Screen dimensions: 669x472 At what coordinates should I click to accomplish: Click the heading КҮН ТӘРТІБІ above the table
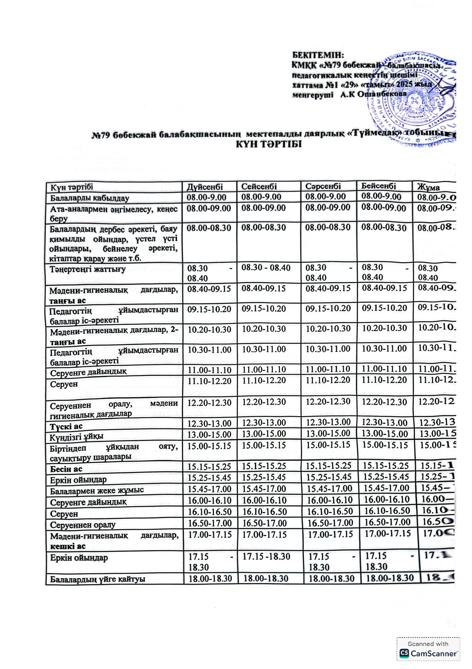pyautogui.click(x=269, y=144)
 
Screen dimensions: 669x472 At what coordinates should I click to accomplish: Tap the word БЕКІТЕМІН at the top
pyautogui.click(x=318, y=55)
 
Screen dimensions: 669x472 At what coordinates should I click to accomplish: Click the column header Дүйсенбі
pyautogui.click(x=205, y=187)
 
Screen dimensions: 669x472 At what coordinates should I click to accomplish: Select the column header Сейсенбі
pyautogui.click(x=259, y=186)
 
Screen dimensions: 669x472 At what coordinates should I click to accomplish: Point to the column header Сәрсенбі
pyautogui.click(x=323, y=186)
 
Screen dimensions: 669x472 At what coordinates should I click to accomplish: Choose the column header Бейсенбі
pyautogui.click(x=379, y=186)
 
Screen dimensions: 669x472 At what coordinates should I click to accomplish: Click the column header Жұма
pyautogui.click(x=429, y=187)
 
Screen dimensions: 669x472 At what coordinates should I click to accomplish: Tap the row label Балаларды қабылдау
pyautogui.click(x=90, y=198)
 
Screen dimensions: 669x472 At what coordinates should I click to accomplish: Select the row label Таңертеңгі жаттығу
pyautogui.click(x=88, y=270)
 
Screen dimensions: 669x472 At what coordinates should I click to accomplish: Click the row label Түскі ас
pyautogui.click(x=66, y=427)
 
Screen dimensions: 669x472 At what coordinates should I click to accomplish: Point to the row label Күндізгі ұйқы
pyautogui.click(x=77, y=436)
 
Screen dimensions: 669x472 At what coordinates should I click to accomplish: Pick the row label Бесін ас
pyautogui.click(x=66, y=469)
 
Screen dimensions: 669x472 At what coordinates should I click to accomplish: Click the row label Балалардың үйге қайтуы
pyautogui.click(x=98, y=579)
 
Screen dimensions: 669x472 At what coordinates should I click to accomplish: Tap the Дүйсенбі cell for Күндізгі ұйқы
pyautogui.click(x=209, y=435)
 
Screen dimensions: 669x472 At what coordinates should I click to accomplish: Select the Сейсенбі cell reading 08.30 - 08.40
pyautogui.click(x=266, y=268)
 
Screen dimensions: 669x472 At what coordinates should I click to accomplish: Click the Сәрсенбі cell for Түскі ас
pyautogui.click(x=328, y=422)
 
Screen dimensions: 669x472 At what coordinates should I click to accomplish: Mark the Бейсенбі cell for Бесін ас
pyautogui.click(x=386, y=466)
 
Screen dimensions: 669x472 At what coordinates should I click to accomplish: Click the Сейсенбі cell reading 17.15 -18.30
pyautogui.click(x=266, y=557)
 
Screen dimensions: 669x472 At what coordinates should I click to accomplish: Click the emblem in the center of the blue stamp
pyautogui.click(x=413, y=105)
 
